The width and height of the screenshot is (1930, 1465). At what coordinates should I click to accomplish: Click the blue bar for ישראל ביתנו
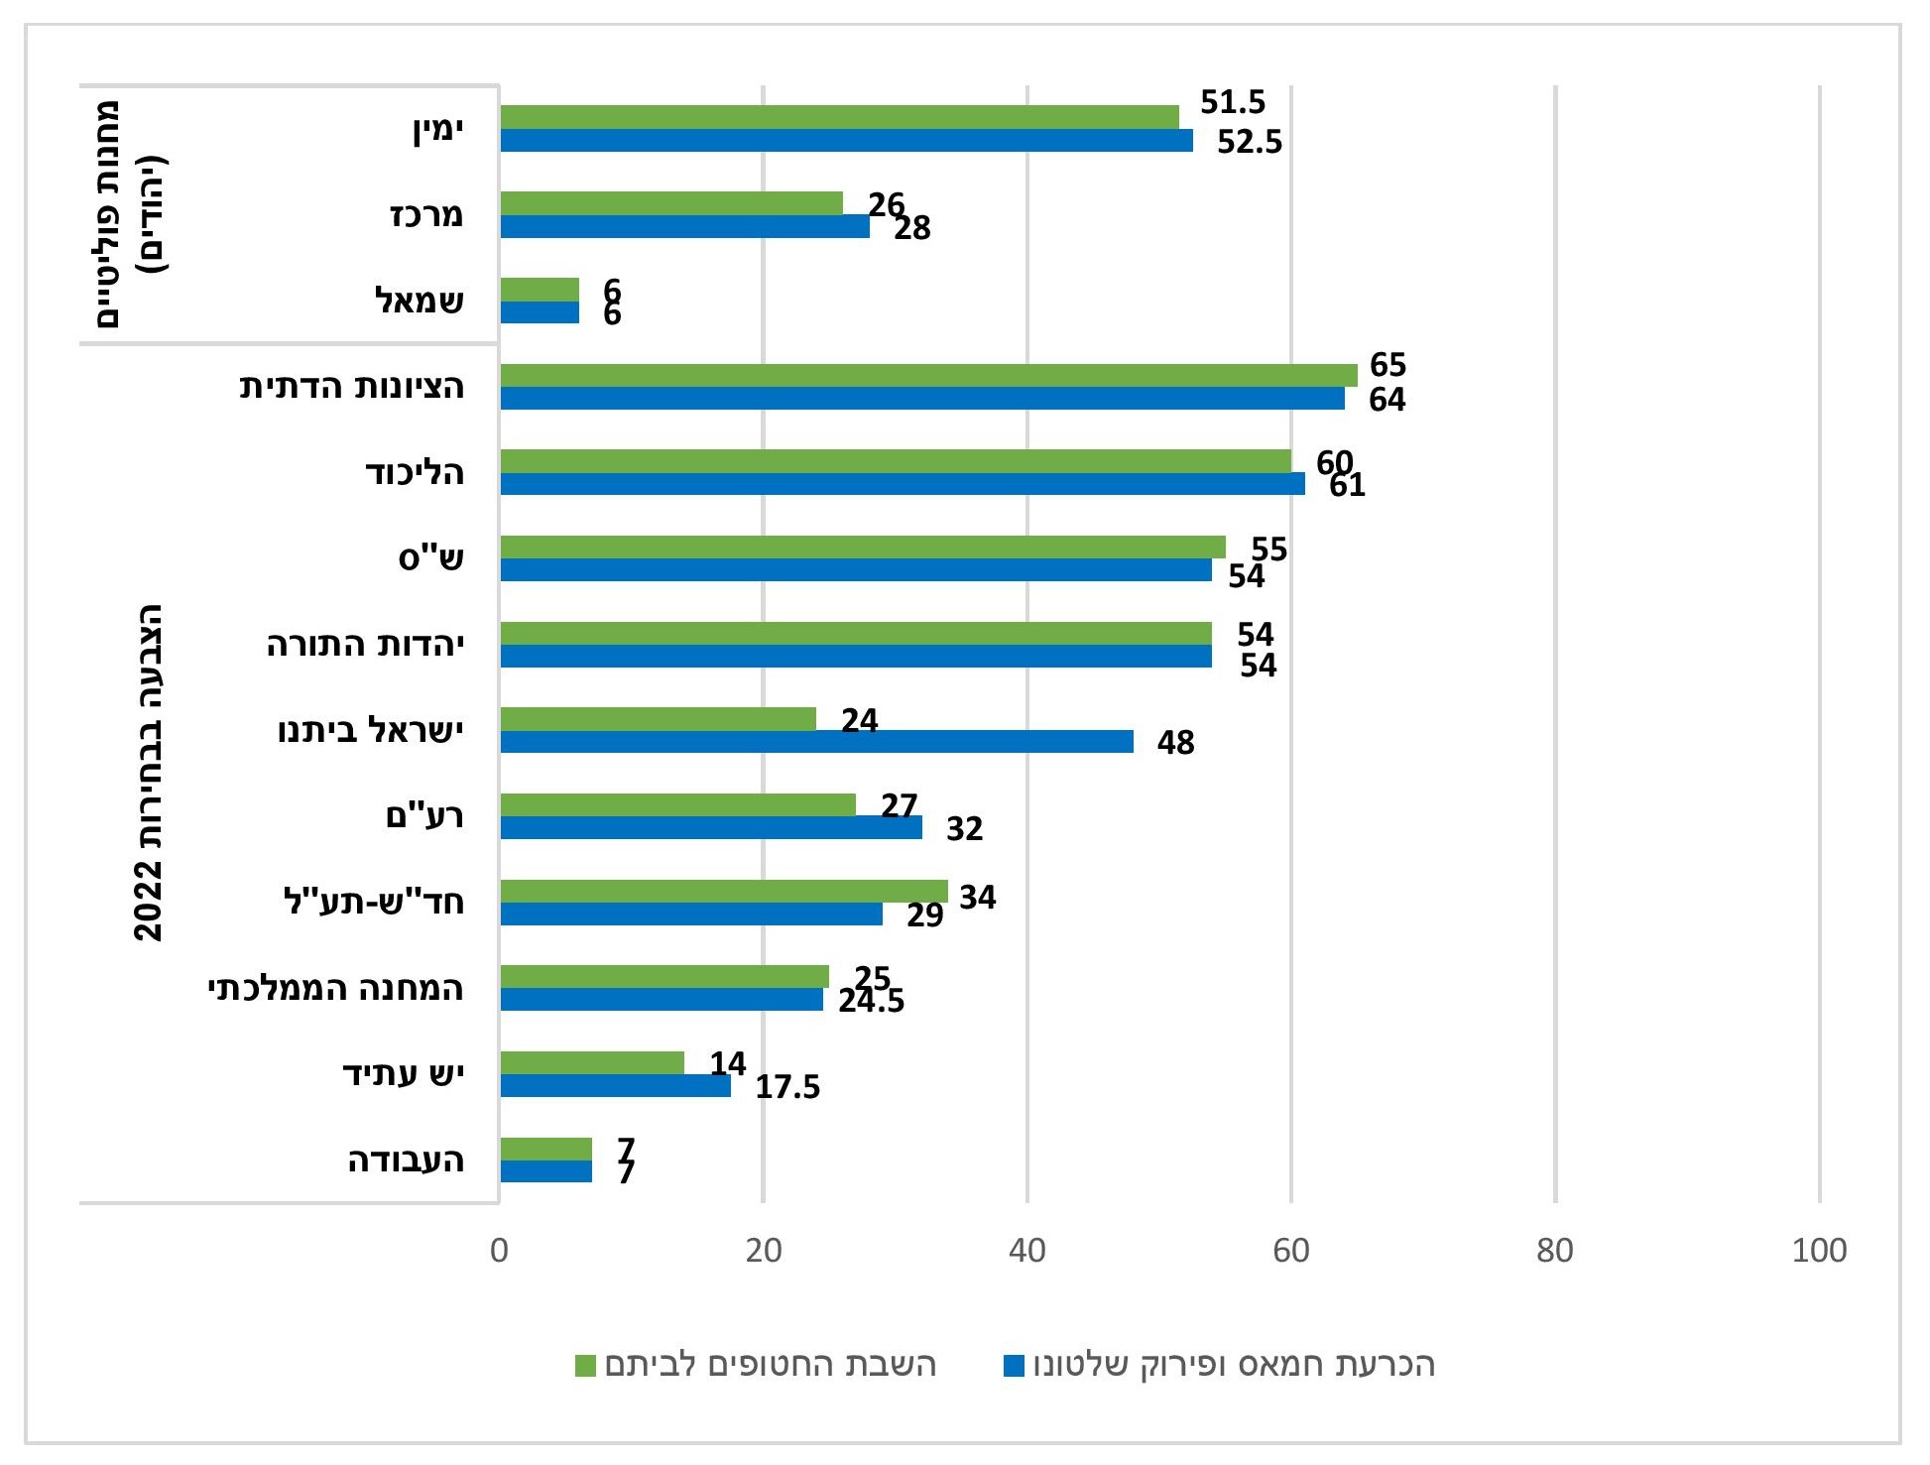pos(816,742)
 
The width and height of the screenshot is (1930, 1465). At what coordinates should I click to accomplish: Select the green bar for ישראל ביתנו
pos(658,719)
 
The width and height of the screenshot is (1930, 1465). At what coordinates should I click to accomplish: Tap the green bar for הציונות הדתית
pos(928,375)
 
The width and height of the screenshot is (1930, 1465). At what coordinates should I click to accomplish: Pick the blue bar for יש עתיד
pos(615,1086)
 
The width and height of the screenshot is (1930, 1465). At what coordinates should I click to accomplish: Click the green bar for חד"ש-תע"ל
pos(724,891)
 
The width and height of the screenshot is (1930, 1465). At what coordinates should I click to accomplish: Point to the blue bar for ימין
pos(846,140)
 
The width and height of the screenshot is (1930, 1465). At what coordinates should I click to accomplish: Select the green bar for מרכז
pos(671,203)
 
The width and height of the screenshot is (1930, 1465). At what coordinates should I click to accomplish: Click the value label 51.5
pos(1233,102)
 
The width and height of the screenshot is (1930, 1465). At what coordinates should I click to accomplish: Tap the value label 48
pos(1175,743)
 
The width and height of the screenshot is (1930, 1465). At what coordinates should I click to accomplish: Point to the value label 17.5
pos(787,1087)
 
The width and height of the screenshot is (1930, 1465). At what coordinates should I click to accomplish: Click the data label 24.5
pos(871,1002)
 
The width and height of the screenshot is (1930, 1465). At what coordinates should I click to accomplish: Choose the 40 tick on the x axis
pos(1027,1251)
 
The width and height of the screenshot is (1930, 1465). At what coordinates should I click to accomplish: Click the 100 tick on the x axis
pos(1819,1251)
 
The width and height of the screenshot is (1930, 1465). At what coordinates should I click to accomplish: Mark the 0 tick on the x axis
pos(499,1251)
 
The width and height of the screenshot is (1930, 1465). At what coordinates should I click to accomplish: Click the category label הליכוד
pos(415,472)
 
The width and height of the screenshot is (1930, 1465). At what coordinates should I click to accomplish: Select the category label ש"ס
pos(430,558)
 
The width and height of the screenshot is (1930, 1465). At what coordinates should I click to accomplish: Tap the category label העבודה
pos(406,1160)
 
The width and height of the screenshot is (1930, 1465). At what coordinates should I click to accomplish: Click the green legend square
pos(585,1366)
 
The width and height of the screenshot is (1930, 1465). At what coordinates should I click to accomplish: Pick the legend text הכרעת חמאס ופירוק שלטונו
pos(1234,1365)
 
